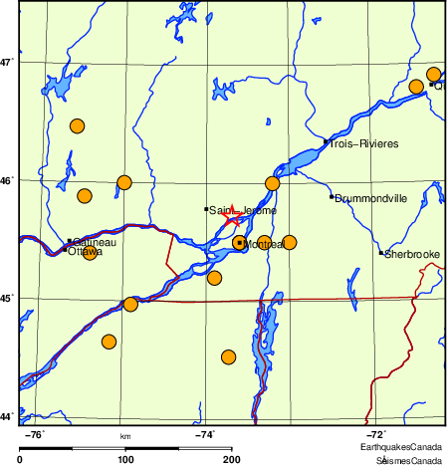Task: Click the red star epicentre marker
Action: [231, 215]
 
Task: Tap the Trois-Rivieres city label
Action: [364, 144]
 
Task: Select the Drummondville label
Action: [372, 198]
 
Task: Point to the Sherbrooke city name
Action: [413, 255]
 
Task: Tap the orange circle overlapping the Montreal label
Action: [239, 243]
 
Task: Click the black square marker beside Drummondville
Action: [332, 197]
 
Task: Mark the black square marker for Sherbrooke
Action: [381, 253]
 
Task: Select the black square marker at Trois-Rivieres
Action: [326, 142]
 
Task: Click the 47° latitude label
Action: [7, 62]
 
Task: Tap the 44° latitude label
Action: [7, 415]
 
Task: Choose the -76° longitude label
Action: [34, 434]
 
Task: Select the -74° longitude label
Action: [204, 434]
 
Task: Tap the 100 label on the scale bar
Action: [125, 459]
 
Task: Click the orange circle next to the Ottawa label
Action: [91, 253]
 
